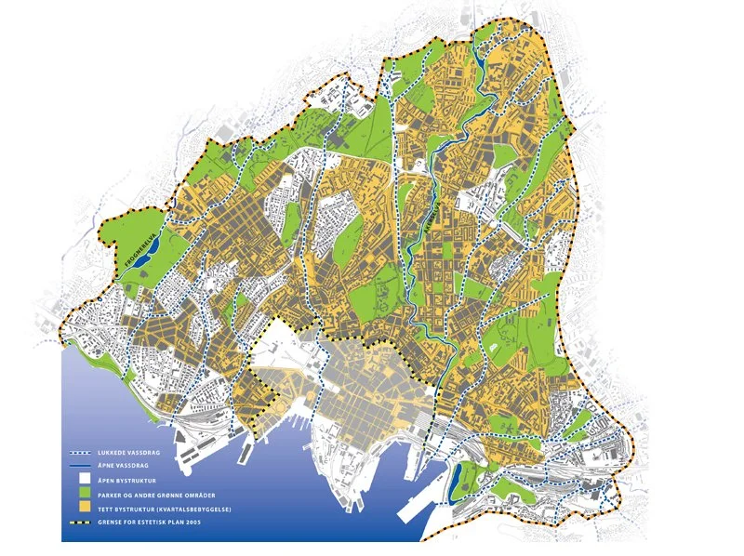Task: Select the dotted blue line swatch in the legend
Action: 79,453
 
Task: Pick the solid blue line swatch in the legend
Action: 79,467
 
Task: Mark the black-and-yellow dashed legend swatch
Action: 79,523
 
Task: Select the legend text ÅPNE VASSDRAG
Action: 123,467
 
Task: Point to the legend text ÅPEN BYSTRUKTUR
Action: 126,481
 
